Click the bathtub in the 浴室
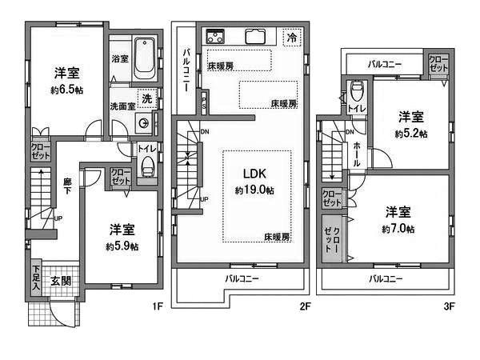click(x=145, y=55)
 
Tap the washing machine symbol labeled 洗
click(x=147, y=98)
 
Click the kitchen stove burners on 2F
click(x=216, y=36)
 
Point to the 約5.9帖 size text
click(x=122, y=246)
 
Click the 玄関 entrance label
click(x=61, y=280)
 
